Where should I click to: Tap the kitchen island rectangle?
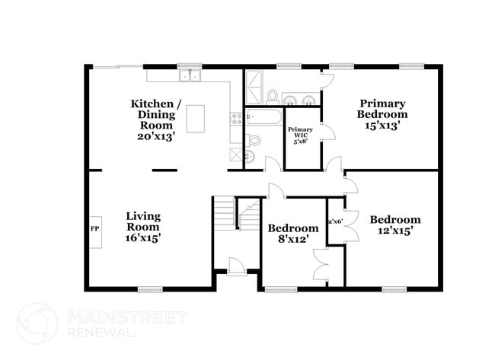pos(196,118)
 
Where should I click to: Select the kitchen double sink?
pos(189,75)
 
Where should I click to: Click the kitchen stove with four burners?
pos(237,119)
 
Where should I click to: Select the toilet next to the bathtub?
pos(255,140)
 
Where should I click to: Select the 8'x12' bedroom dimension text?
pos(292,241)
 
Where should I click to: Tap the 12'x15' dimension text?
pos(394,231)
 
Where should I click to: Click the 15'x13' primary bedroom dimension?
pos(382,125)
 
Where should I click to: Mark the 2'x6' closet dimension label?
pos(335,221)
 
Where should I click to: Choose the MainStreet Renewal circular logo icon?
pos(37,323)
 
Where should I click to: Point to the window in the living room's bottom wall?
pos(151,288)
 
